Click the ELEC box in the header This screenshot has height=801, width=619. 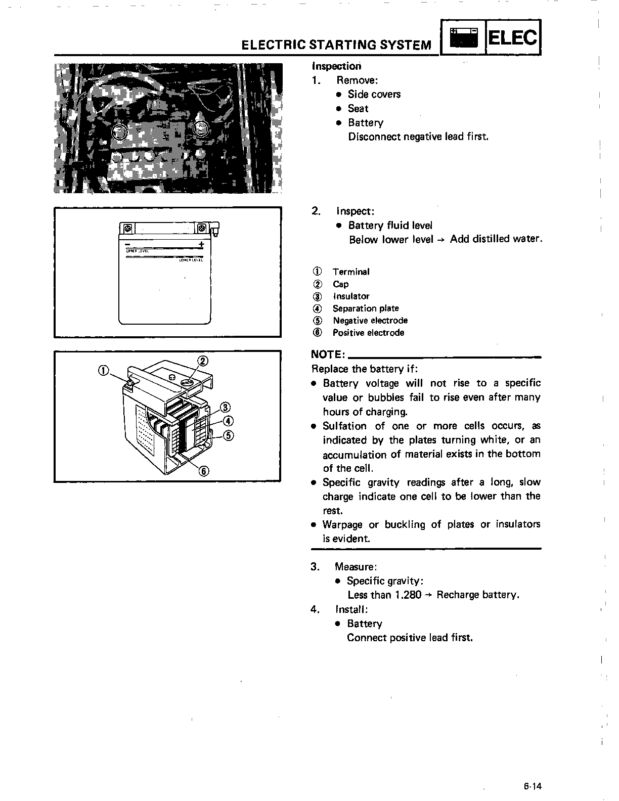[x=512, y=37]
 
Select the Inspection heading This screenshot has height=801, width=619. [x=336, y=66]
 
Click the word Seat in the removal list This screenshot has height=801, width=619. [x=358, y=108]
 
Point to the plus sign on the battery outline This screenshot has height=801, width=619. [x=201, y=245]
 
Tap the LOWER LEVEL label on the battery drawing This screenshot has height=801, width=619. [x=191, y=260]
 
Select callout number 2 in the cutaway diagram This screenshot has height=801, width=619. [x=202, y=361]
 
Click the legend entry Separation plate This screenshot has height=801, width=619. [x=365, y=308]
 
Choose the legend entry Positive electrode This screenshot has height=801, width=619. [x=368, y=333]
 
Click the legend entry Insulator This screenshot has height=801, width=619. [x=351, y=296]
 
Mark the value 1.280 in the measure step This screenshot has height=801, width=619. [x=408, y=595]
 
